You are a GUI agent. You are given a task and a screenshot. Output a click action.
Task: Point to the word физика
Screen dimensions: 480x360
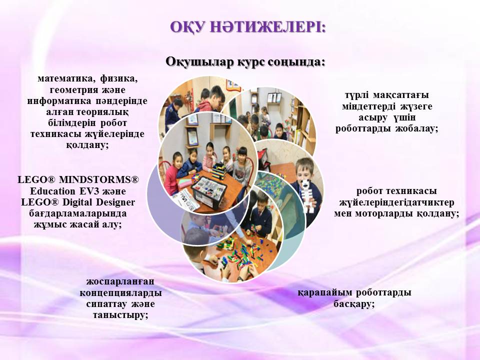pyautogui.click(x=119, y=79)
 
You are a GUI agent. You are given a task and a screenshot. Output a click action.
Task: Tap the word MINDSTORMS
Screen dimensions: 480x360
pyautogui.click(x=98, y=179)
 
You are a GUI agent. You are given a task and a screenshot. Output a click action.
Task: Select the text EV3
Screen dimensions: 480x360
pyautogui.click(x=89, y=191)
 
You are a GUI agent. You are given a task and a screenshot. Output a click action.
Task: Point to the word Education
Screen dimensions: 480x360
pyautogui.click(x=52, y=191)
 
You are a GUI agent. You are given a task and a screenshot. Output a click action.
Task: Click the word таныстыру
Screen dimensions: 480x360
pyautogui.click(x=120, y=315)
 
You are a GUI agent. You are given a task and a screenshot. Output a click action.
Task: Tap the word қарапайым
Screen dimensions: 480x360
pyautogui.click(x=325, y=293)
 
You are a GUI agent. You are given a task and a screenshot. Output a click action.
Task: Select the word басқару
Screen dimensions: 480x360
pyautogui.click(x=353, y=304)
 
